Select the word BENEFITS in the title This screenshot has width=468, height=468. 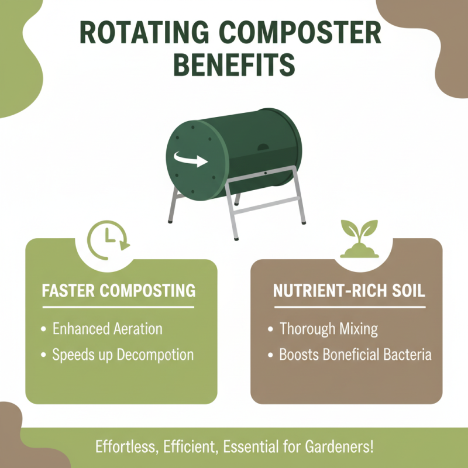234,65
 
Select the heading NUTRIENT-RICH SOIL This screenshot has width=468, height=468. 349,290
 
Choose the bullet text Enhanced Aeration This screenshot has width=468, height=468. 107,328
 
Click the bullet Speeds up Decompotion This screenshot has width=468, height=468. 123,355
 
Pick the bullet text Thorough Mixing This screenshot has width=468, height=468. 328,328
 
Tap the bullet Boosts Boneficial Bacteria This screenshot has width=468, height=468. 355,355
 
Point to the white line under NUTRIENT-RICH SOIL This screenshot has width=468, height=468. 349,307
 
